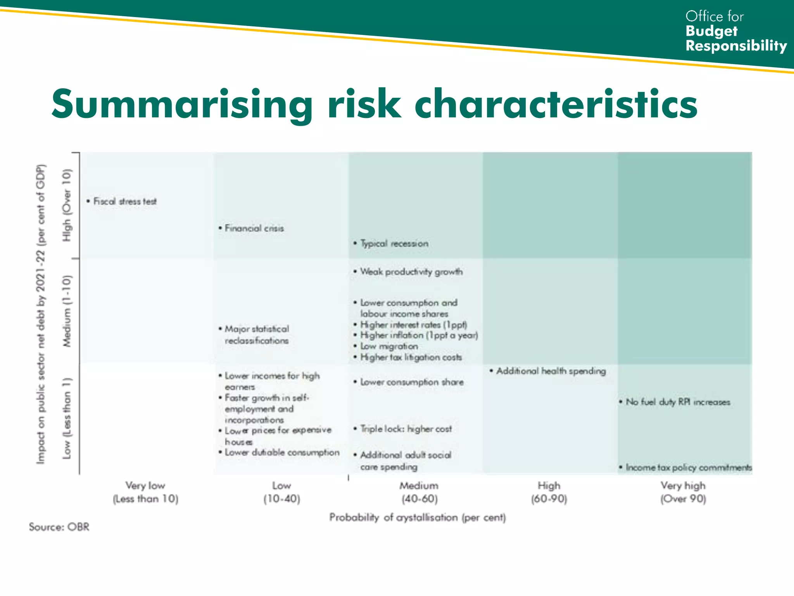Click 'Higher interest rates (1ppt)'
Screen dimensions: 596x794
point(413,324)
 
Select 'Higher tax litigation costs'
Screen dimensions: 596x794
point(411,357)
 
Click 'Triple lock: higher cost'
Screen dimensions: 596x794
point(406,429)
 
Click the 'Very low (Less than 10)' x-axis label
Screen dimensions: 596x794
point(145,492)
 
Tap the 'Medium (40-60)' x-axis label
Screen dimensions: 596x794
point(419,492)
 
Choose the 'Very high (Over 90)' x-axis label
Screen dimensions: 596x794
point(683,492)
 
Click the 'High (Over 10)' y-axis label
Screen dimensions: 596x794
point(67,205)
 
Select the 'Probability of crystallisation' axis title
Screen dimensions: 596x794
point(418,517)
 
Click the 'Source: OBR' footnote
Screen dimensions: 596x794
point(59,527)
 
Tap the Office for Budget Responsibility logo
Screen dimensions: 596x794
point(735,31)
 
